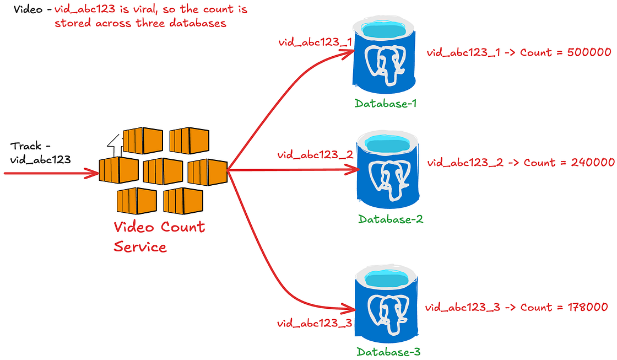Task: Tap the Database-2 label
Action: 391,219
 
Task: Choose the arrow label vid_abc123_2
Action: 314,155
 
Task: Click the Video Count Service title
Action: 159,236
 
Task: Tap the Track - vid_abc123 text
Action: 39,153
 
